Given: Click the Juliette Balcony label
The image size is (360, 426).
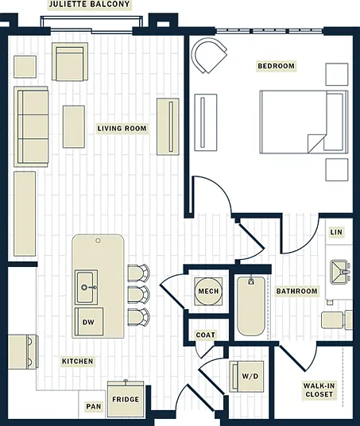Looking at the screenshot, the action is click(x=89, y=4).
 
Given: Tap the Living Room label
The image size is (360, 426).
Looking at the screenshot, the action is click(x=122, y=128).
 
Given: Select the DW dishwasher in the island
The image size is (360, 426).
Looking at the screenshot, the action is click(x=89, y=322).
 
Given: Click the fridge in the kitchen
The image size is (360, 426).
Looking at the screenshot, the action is click(x=126, y=399).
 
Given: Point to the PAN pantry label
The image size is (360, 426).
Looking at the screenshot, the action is click(x=94, y=406).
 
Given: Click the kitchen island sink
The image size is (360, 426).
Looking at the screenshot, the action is click(x=86, y=287).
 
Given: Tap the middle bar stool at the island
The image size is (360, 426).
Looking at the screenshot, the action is click(x=139, y=295).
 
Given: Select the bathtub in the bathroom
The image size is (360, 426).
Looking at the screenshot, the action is click(x=251, y=306).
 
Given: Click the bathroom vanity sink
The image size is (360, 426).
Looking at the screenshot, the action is click(x=339, y=272).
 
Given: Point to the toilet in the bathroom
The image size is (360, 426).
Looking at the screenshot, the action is click(x=337, y=319).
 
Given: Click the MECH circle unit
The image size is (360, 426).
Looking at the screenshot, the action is click(x=208, y=291).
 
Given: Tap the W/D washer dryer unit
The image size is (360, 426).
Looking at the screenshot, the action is click(x=246, y=376).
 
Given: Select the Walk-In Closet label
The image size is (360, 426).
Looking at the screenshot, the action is click(x=319, y=390).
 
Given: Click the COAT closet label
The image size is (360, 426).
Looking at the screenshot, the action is click(x=205, y=335).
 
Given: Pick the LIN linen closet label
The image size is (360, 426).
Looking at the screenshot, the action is click(x=336, y=232).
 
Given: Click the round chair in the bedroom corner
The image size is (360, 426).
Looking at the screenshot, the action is click(x=209, y=55).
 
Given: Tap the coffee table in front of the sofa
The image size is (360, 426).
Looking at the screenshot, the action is click(x=74, y=126).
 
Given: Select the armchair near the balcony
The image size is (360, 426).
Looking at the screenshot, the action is click(x=70, y=62).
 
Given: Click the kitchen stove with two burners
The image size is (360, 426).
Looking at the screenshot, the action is click(x=23, y=352).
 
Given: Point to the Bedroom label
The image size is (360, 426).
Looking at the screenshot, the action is click(x=276, y=66).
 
